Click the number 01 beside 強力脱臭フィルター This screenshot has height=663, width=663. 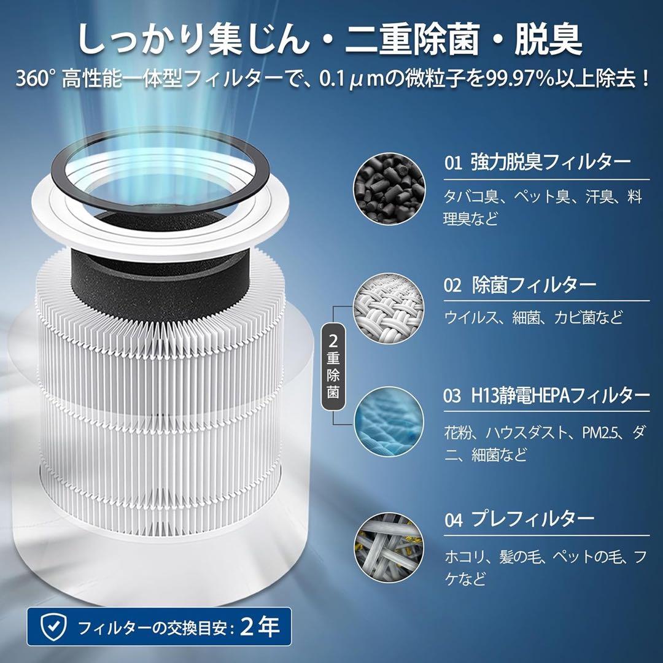[453, 163]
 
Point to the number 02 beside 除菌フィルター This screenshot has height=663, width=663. [453, 285]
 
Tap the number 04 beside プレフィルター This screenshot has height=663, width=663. [454, 520]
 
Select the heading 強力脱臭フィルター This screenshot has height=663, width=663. [551, 163]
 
